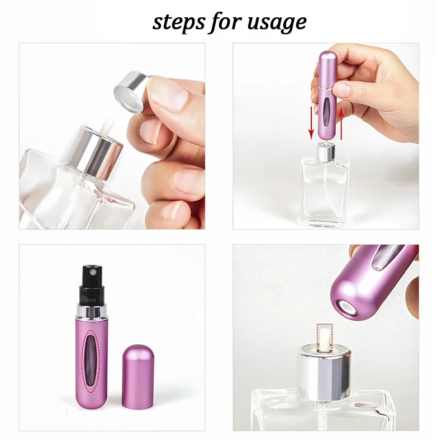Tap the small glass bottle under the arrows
(x=324, y=190)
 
